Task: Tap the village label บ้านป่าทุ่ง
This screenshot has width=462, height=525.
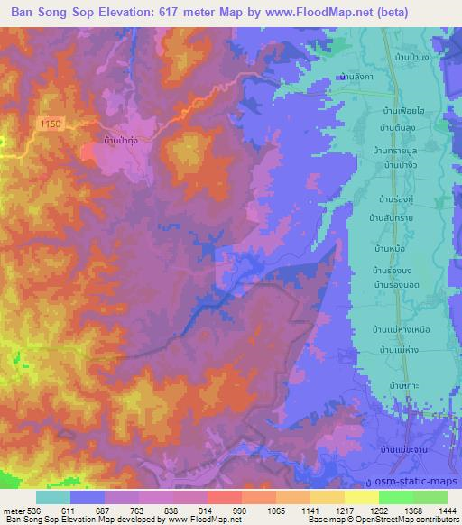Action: coord(120,141)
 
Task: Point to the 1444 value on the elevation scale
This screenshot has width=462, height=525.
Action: coord(446,510)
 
